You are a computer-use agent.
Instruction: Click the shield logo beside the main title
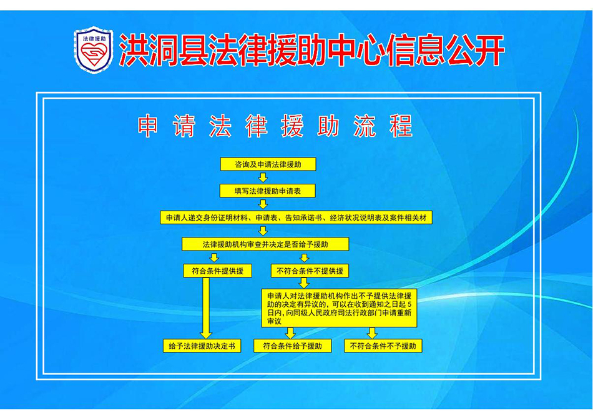click(94, 49)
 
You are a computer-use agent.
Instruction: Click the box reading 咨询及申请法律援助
click(268, 164)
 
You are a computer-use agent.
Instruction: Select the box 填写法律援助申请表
click(267, 191)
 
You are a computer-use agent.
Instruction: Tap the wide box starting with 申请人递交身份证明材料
click(296, 217)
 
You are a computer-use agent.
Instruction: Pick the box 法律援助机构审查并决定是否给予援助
click(265, 244)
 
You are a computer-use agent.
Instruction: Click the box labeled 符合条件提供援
click(217, 271)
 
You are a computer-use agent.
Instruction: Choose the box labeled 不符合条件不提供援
click(310, 271)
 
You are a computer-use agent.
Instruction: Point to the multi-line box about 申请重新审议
click(339, 308)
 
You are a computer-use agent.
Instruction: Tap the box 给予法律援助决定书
click(202, 346)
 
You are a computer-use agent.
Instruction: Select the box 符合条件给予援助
click(292, 346)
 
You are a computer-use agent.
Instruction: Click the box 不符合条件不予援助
click(383, 346)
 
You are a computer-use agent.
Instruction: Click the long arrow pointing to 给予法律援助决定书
click(206, 308)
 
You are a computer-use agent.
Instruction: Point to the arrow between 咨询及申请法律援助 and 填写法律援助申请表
click(263, 177)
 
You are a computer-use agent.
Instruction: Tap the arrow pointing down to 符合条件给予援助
click(290, 333)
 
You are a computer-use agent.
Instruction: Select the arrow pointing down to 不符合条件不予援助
click(373, 333)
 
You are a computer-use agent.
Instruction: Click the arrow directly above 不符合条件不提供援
click(305, 258)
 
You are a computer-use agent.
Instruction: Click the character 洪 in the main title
click(133, 51)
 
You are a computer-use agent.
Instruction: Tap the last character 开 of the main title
click(490, 51)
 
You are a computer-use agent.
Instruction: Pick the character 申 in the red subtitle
click(148, 126)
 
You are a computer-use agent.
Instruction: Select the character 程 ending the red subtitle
click(401, 126)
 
